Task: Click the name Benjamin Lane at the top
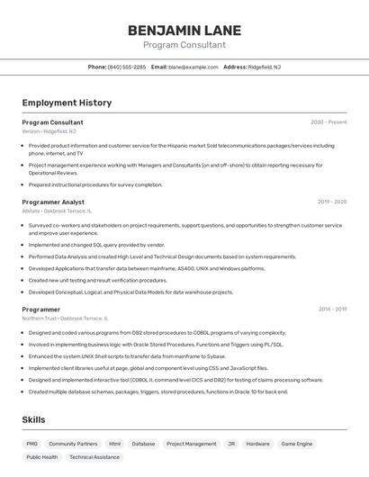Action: click(x=184, y=30)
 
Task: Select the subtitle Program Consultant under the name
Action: click(x=184, y=45)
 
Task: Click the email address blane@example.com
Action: click(x=193, y=67)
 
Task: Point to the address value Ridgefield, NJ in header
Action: click(x=265, y=67)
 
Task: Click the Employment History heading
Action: click(x=67, y=103)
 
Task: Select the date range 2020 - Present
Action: click(x=328, y=122)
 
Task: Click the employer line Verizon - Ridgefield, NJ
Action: click(x=49, y=130)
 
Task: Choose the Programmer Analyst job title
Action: click(x=53, y=202)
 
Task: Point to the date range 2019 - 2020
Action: click(x=331, y=202)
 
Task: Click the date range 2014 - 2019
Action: click(x=331, y=310)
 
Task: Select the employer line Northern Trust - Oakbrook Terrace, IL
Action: click(x=65, y=318)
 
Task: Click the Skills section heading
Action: click(x=33, y=419)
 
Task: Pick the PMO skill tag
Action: click(x=32, y=444)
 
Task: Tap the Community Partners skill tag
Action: click(x=73, y=444)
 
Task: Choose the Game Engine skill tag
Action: click(x=297, y=444)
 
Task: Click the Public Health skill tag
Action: click(x=42, y=457)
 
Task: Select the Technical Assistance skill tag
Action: click(x=94, y=457)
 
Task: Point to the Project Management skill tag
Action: click(x=191, y=444)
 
